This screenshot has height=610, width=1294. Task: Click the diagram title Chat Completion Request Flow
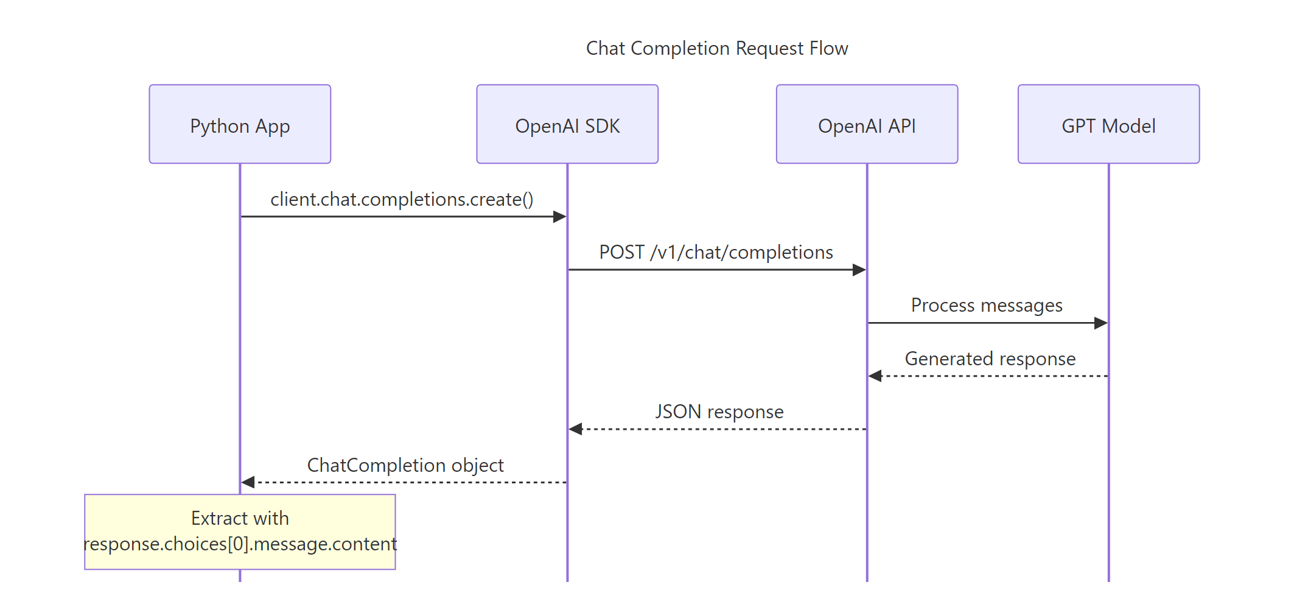click(716, 48)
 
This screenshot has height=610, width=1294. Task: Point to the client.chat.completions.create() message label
click(402, 199)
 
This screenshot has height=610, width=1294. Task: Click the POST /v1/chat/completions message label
click(716, 252)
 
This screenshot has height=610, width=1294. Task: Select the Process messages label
click(987, 305)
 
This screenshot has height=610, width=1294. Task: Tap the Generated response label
click(990, 359)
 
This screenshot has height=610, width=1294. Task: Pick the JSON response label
click(719, 412)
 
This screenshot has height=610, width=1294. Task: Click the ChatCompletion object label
click(405, 465)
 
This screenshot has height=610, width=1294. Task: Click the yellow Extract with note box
click(240, 531)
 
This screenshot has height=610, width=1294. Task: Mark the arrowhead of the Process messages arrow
click(1101, 323)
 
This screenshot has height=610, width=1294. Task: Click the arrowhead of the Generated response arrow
click(875, 376)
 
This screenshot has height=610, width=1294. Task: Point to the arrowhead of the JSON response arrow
click(576, 429)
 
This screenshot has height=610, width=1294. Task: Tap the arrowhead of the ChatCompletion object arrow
click(248, 482)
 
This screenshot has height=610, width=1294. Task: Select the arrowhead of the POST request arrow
click(859, 270)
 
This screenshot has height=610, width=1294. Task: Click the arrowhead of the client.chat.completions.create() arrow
click(560, 217)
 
